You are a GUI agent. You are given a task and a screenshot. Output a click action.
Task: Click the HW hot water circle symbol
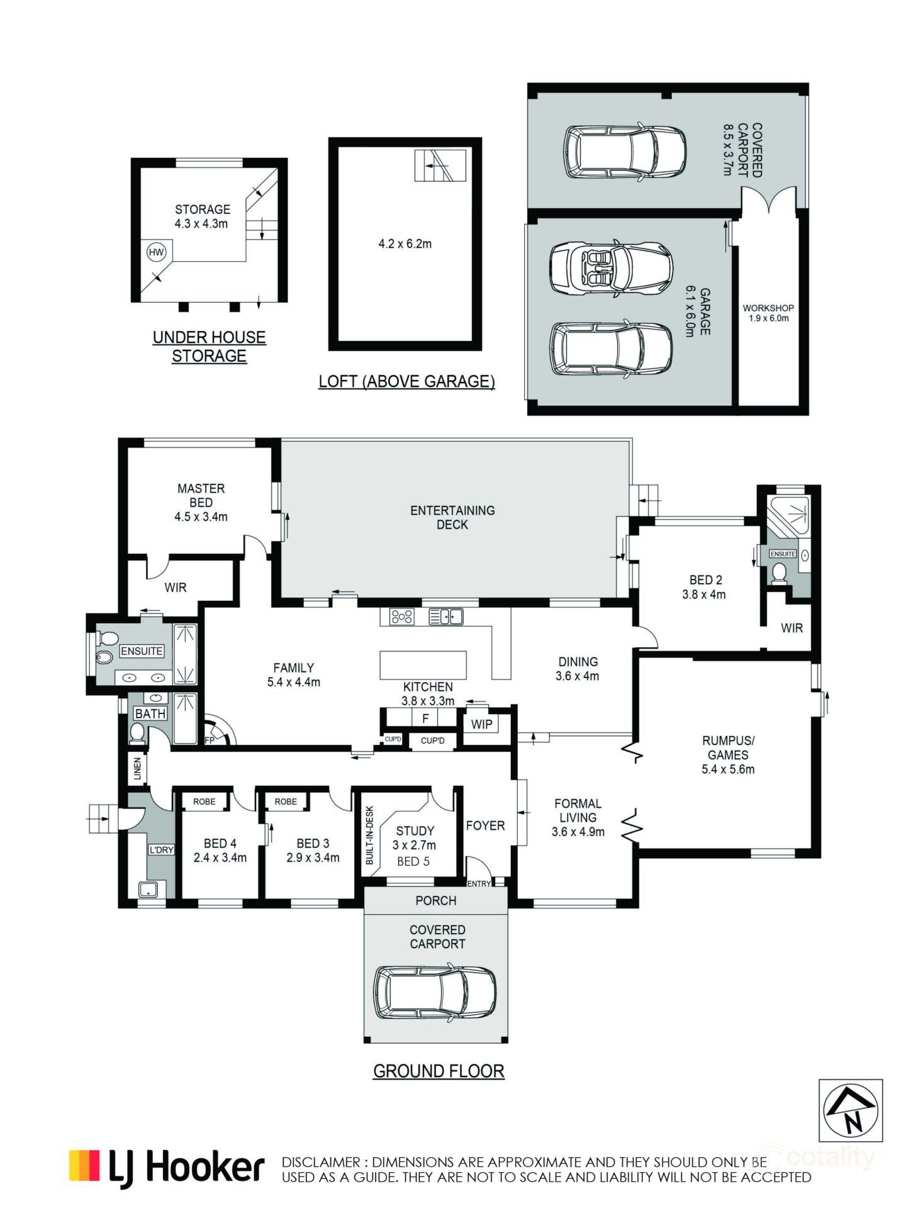(x=156, y=252)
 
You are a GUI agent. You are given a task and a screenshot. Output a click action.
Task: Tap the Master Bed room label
(x=201, y=502)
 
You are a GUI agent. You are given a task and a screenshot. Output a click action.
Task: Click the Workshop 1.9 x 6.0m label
(x=768, y=313)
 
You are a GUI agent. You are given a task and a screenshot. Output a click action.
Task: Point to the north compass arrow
(x=851, y=1112)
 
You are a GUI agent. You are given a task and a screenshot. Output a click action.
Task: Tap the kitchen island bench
(x=423, y=665)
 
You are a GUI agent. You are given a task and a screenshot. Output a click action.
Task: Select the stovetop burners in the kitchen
(x=401, y=617)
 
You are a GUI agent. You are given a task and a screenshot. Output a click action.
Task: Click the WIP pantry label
(x=481, y=724)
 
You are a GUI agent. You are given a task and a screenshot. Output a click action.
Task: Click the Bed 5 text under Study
(x=413, y=861)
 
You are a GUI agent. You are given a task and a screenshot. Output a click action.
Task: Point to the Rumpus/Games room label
(x=728, y=754)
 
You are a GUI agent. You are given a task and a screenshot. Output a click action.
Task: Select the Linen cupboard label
(x=138, y=769)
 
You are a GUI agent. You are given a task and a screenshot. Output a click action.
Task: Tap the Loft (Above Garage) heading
(x=406, y=381)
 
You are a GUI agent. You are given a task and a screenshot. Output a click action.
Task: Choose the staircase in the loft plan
(x=440, y=165)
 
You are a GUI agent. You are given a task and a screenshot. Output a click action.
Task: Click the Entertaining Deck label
(x=452, y=517)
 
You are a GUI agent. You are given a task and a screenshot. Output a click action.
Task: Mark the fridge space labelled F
(x=425, y=718)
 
